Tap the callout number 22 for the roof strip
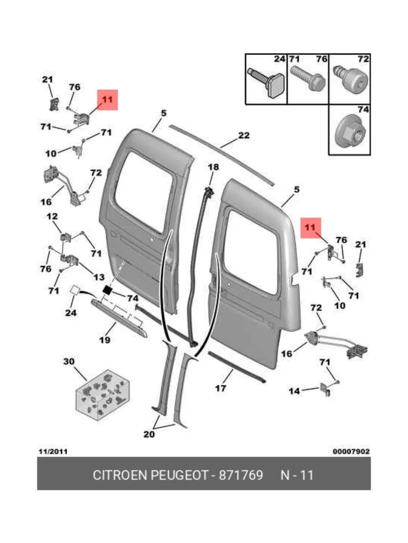point(243,135)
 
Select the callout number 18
point(214,167)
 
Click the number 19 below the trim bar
point(105,340)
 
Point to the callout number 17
point(220,388)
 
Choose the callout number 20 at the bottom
point(149,434)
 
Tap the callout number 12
point(53,217)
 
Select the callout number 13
point(99,276)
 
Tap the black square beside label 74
point(108,290)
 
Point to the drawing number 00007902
point(351,452)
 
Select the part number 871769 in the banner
point(241,475)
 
